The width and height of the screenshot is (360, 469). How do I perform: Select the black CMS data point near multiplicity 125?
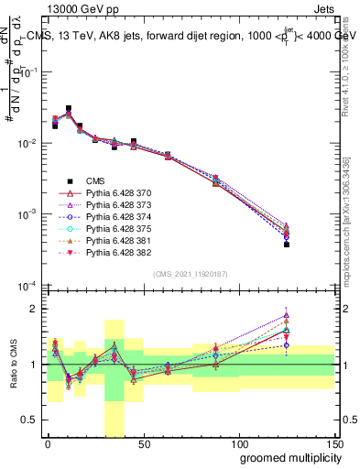287,245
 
